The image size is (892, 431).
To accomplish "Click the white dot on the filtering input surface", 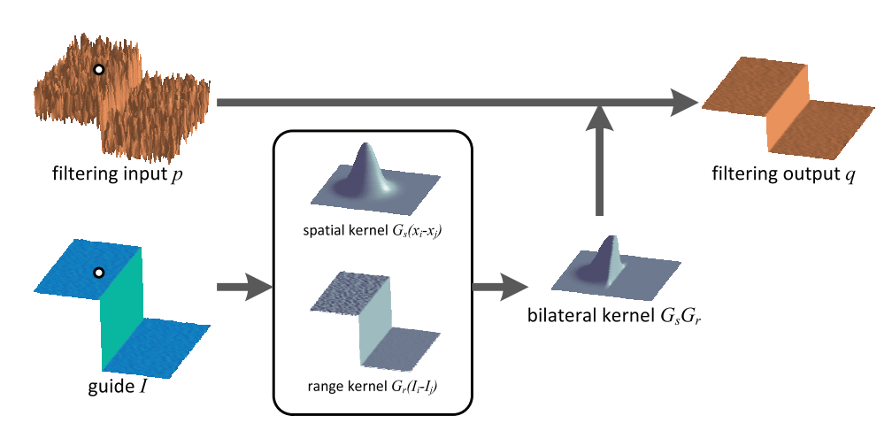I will (x=100, y=69).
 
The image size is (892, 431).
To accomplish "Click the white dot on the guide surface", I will (x=99, y=273).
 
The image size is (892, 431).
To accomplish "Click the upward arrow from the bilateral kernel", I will (x=600, y=159).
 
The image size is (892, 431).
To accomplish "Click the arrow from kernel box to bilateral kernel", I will (x=499, y=287).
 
